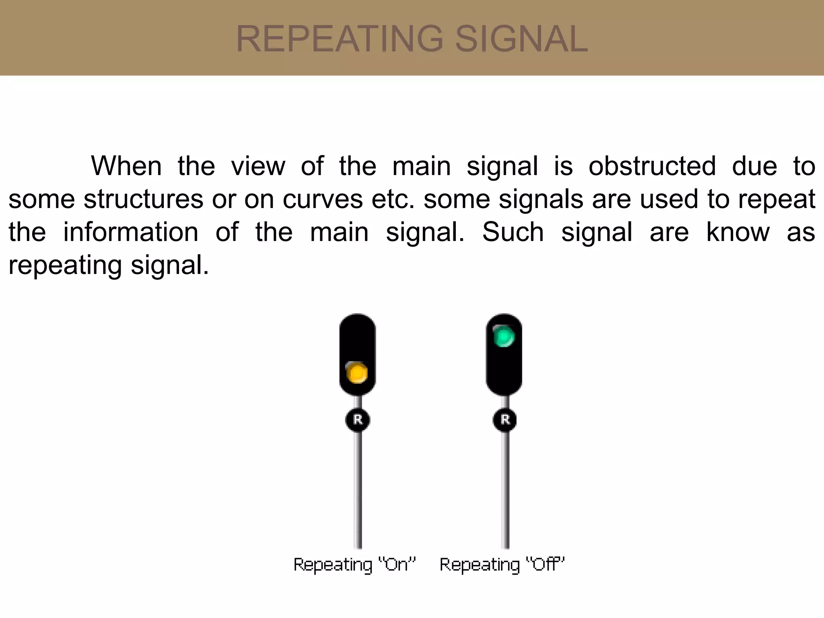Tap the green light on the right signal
pyautogui.click(x=504, y=337)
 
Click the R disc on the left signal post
pyautogui.click(x=358, y=420)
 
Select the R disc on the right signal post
pyautogui.click(x=505, y=420)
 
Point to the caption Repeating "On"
pyautogui.click(x=354, y=564)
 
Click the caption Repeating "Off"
pyautogui.click(x=502, y=564)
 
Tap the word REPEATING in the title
pyautogui.click(x=339, y=39)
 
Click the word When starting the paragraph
pyautogui.click(x=126, y=166)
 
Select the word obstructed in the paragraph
pyautogui.click(x=652, y=166)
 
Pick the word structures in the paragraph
pyautogui.click(x=143, y=199)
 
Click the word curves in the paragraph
pyautogui.click(x=323, y=199)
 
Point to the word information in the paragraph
pyautogui.click(x=131, y=232)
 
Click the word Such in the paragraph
pyautogui.click(x=513, y=232)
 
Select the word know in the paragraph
pyautogui.click(x=738, y=232)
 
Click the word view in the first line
pyautogui.click(x=258, y=166)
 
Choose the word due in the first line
pyautogui.click(x=754, y=166)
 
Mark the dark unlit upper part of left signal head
pyautogui.click(x=357, y=336)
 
